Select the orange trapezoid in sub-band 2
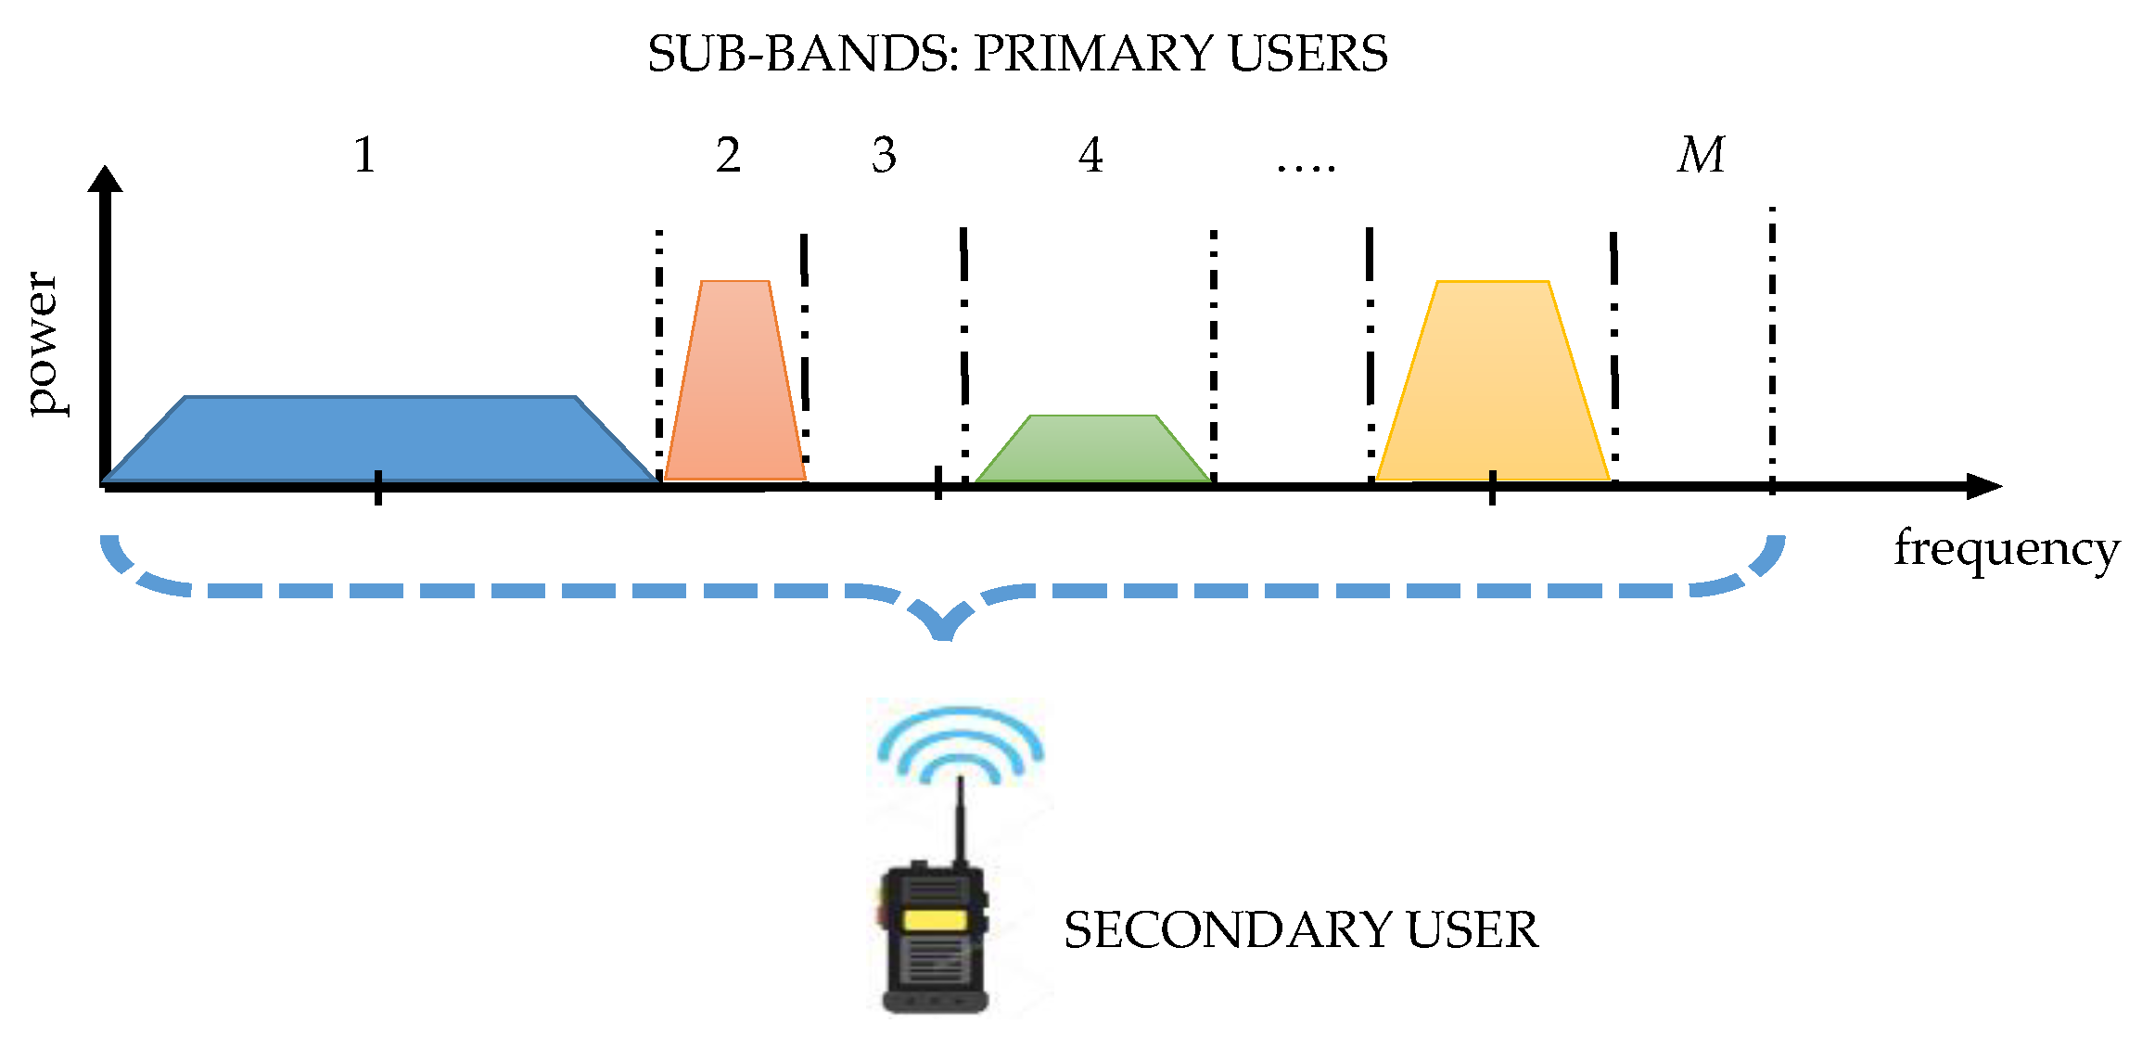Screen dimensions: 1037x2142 (735, 390)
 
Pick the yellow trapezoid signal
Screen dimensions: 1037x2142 (1493, 390)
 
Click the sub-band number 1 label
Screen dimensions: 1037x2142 (365, 155)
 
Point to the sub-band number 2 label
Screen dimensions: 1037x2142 (729, 155)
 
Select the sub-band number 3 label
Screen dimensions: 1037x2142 (885, 155)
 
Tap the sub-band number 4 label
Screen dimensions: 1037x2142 (1091, 155)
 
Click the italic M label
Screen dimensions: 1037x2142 (1702, 155)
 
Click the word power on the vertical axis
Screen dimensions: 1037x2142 (43, 343)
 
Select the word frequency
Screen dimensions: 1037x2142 (2007, 549)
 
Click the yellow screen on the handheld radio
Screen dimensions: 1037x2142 (934, 920)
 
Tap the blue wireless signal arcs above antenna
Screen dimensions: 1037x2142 (961, 742)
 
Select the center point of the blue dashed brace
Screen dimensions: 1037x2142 (943, 631)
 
